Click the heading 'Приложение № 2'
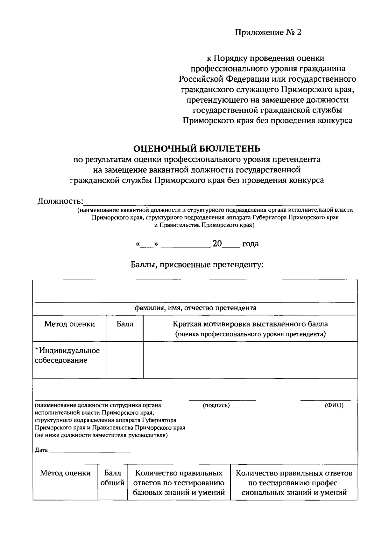[x=268, y=32]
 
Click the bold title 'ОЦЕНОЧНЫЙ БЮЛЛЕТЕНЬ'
[x=196, y=148]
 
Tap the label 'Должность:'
[x=60, y=201]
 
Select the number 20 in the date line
[x=217, y=244]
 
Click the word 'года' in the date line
[x=250, y=244]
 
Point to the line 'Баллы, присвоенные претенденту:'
[x=197, y=264]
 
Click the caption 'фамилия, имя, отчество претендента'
[x=195, y=308]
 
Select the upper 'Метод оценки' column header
[x=69, y=324]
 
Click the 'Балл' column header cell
[x=125, y=324]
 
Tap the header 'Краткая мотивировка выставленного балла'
[x=250, y=324]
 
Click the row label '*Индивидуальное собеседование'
[x=67, y=355]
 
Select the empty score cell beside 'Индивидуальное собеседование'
[x=125, y=360]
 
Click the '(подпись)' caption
[x=216, y=405]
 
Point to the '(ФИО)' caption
[x=334, y=405]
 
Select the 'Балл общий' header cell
[x=112, y=478]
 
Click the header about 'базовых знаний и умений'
[x=179, y=483]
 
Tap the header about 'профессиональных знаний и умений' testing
[x=294, y=483]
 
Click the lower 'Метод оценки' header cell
[x=65, y=473]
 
